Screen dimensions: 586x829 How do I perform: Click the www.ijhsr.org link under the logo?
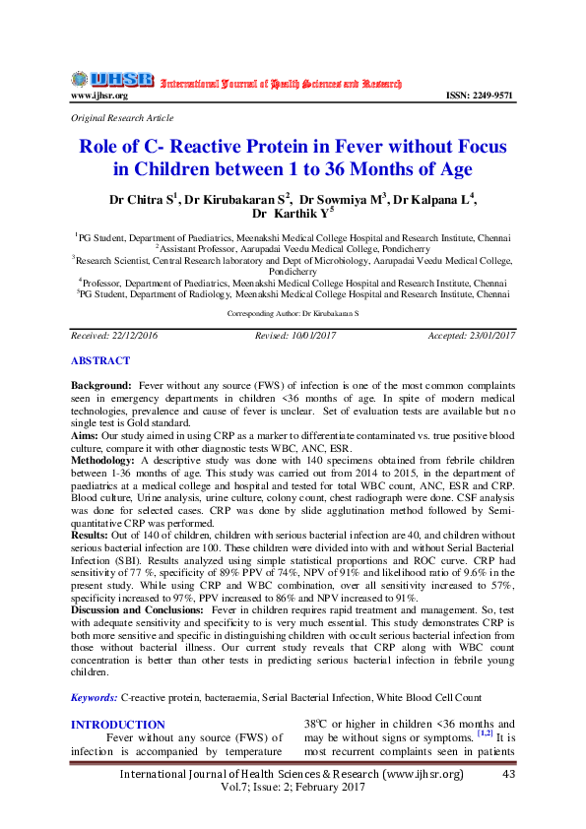99,96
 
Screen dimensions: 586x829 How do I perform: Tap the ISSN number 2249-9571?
481,96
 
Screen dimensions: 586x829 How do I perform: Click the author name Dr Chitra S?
143,198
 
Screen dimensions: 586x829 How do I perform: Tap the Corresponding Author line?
293,311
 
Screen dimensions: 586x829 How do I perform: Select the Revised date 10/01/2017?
295,336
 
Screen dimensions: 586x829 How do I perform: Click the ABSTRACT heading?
99,361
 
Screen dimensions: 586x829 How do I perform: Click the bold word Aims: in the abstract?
86,433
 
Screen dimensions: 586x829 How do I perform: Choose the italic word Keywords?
94,698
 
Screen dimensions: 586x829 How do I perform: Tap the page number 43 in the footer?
508,775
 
